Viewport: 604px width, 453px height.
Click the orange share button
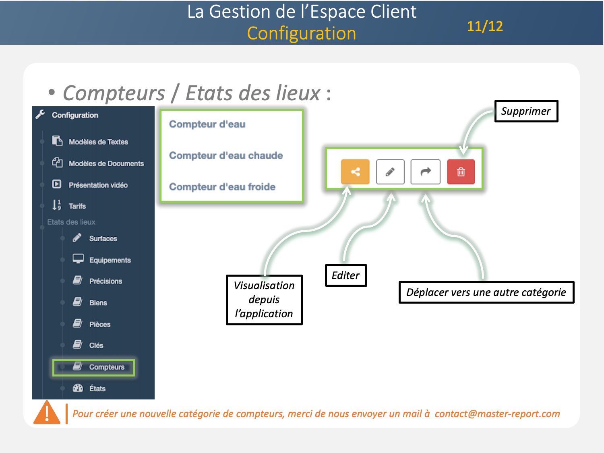pos(355,172)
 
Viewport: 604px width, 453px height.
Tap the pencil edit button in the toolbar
pos(390,172)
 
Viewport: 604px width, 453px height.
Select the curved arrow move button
pos(425,172)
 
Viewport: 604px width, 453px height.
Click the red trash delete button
pos(461,172)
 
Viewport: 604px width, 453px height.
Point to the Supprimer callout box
pos(526,111)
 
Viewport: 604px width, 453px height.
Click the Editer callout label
pos(345,275)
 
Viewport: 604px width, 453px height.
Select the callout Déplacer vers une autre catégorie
pos(486,292)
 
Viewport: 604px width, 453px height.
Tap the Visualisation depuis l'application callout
pos(264,300)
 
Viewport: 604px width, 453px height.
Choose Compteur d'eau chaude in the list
pos(226,155)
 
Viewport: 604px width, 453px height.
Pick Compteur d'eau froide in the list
pos(222,187)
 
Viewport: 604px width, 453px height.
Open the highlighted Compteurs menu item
pos(106,367)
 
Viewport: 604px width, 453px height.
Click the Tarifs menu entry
pos(77,206)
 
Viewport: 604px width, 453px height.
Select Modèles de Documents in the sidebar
pos(106,163)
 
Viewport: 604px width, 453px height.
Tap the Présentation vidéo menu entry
pos(98,185)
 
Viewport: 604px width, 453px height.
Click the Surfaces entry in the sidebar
pos(103,239)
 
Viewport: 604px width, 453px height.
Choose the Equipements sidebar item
pos(110,260)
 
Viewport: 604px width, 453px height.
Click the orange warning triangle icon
pos(47,413)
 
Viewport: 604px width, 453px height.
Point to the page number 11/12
pos(485,26)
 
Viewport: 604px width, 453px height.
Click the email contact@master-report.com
pos(497,414)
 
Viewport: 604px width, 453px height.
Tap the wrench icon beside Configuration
pos(40,114)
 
